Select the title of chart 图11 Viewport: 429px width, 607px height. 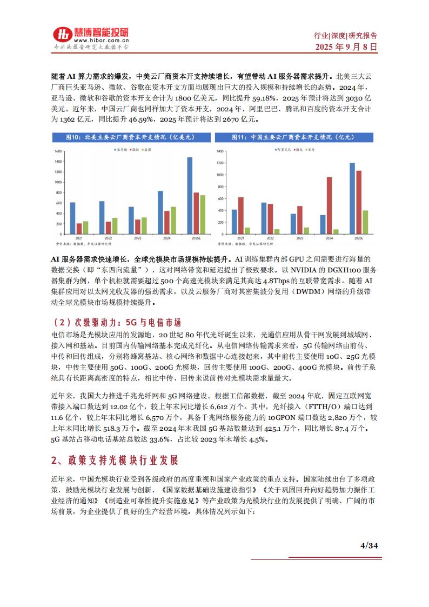click(x=296, y=138)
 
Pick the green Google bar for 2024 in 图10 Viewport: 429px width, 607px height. click(x=173, y=219)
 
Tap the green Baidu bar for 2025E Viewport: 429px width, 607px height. click(x=365, y=222)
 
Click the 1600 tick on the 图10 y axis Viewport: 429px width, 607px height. click(x=59, y=146)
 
